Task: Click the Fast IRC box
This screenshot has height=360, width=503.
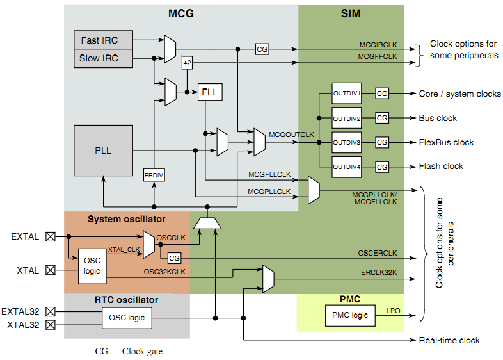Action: coord(99,40)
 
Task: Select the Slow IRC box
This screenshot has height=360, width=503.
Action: coord(99,58)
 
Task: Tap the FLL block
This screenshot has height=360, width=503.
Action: coord(209,92)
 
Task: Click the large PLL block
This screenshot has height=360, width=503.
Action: coord(103,151)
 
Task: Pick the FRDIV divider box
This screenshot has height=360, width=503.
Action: coord(154,174)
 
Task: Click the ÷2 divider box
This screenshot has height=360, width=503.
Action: coord(187,63)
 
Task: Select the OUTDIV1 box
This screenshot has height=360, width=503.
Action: coord(347,94)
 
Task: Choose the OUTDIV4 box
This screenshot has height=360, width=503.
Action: coord(347,167)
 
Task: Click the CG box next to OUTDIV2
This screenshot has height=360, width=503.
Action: coord(382,118)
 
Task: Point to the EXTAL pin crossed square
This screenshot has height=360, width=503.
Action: coord(51,236)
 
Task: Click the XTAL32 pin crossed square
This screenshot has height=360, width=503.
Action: coord(51,325)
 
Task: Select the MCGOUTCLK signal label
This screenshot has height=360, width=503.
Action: coord(291,135)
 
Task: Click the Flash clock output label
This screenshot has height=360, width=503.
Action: coord(441,167)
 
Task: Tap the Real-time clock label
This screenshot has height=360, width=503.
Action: coord(449,340)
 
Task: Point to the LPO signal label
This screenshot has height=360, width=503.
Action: coord(394,311)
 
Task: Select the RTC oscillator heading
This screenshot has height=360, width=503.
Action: coord(126,299)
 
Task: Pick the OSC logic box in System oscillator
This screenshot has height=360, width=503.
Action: coord(88,266)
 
